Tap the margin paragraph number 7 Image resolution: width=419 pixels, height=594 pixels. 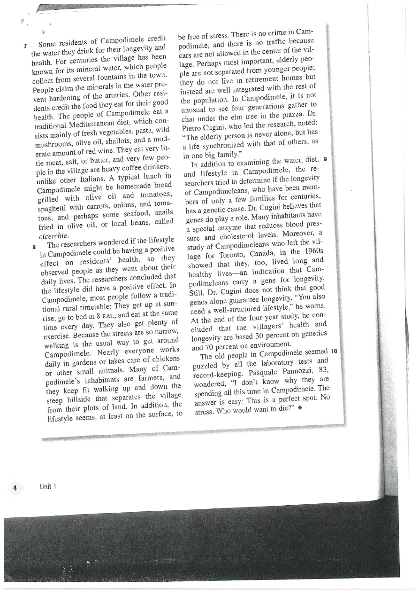pos(26,46)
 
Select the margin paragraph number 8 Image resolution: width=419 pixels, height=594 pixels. pos(34,246)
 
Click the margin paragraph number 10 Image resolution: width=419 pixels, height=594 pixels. pos(335,352)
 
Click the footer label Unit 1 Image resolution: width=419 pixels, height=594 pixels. pos(48,487)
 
